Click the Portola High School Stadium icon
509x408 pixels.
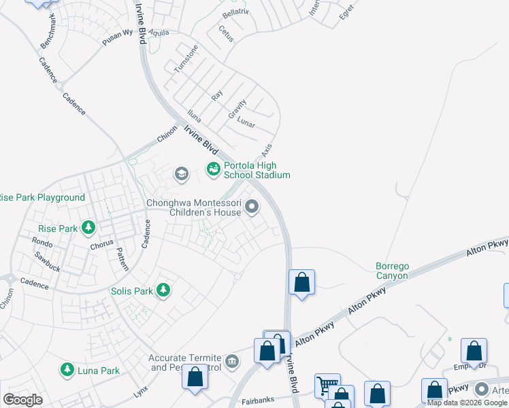click(x=213, y=168)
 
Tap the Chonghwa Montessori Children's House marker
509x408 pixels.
click(x=252, y=206)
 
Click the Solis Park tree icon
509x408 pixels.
click(x=163, y=291)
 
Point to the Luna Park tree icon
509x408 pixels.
click(x=67, y=370)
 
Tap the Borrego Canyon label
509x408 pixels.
click(x=392, y=271)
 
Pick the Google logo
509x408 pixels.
click(x=22, y=399)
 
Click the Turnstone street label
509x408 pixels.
click(x=186, y=59)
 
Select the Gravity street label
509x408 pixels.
click(x=237, y=109)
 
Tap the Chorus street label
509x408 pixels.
click(x=101, y=243)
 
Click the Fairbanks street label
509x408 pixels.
click(x=258, y=402)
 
